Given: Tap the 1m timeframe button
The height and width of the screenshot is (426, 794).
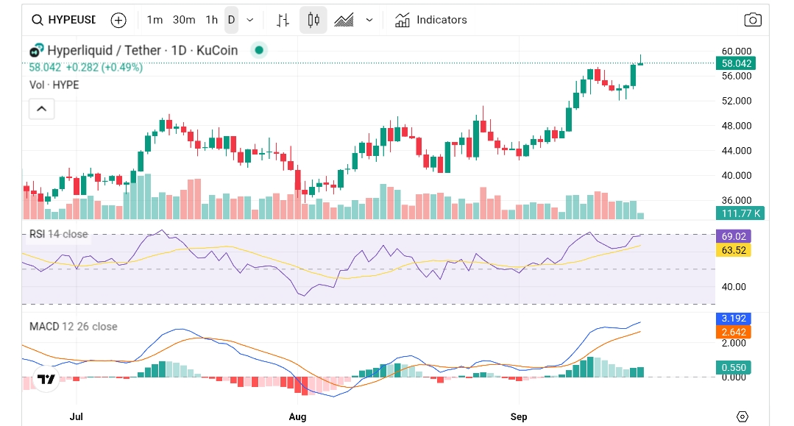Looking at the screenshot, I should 155,20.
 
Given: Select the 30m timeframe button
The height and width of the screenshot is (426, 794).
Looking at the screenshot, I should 184,20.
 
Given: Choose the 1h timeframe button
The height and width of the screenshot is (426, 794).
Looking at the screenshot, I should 211,20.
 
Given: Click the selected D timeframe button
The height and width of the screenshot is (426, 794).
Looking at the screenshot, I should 231,20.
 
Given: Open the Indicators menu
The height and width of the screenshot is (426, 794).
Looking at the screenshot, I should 431,20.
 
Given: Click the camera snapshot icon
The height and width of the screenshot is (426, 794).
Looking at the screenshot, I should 752,20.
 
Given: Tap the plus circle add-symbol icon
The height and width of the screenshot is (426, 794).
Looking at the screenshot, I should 118,20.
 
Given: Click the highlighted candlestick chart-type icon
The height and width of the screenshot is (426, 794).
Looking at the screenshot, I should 313,20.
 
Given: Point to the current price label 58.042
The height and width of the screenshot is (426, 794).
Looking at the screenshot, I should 736,64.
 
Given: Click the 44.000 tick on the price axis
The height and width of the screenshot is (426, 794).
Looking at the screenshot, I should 736,151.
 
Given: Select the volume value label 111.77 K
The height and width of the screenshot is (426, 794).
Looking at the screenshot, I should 740,213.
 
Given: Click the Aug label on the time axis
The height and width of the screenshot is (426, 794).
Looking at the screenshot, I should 297,416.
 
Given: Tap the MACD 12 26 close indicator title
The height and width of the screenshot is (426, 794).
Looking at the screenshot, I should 73,327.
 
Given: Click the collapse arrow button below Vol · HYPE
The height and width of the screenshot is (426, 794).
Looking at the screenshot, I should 41,110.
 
